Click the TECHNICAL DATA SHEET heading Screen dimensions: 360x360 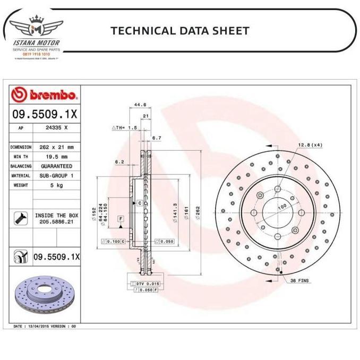179,30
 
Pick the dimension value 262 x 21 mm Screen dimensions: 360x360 57,147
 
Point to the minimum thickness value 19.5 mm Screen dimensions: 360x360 57,157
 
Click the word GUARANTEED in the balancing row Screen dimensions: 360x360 57,166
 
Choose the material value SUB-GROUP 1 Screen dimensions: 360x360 57,176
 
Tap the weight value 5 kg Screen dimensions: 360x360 57,185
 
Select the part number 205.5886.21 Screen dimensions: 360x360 57,221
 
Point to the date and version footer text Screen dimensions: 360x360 45,325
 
